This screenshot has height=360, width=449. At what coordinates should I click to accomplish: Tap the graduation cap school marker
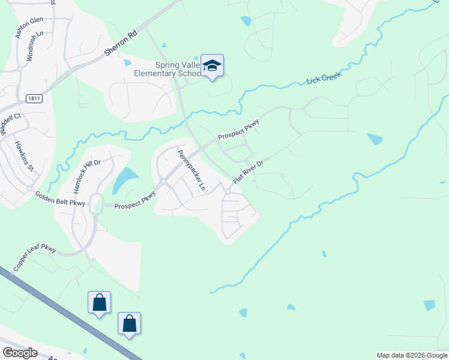[x=212, y=65]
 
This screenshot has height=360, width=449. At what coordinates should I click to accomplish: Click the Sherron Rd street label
[x=121, y=44]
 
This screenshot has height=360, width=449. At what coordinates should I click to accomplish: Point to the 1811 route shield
[x=34, y=98]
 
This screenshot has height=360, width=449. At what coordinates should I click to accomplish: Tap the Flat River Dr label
[x=249, y=171]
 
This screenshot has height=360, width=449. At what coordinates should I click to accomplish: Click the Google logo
[x=20, y=353]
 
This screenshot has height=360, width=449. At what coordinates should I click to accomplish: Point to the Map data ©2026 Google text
[x=411, y=355]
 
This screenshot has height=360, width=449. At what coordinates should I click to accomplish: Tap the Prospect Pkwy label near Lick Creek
[x=238, y=130]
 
